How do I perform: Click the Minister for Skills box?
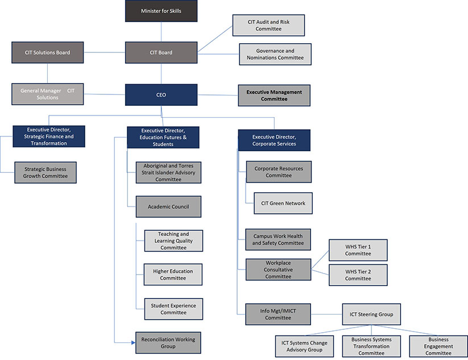[161, 11]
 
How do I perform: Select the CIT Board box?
[161, 52]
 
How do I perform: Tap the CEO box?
[161, 95]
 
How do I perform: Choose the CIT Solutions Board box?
[48, 52]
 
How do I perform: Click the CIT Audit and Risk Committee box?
[268, 25]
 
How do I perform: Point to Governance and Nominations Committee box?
[275, 54]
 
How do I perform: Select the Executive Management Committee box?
[274, 95]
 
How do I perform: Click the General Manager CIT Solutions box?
[48, 94]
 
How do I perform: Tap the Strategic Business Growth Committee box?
[45, 172]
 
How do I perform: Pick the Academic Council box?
[168, 206]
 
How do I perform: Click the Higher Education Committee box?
[173, 275]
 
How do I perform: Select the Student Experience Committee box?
[173, 309]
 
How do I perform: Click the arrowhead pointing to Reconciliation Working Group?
[132, 342]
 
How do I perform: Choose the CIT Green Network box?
[283, 203]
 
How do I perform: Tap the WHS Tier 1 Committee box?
[358, 250]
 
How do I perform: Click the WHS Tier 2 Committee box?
[358, 275]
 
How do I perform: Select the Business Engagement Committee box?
[438, 346]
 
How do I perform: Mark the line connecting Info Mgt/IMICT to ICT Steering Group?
[326, 314]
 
